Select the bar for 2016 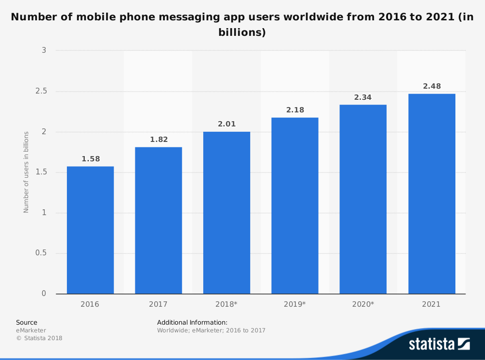(90, 230)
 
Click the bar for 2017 (159, 220)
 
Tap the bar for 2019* (295, 206)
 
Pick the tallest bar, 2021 (432, 194)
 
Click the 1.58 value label (90, 159)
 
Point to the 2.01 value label (226, 124)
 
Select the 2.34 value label (363, 97)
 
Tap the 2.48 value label (432, 86)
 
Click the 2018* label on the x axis (226, 304)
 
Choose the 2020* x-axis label (363, 304)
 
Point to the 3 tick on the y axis (44, 50)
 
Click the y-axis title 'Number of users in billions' (26, 172)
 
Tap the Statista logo (439, 344)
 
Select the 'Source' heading (27, 322)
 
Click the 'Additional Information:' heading (192, 322)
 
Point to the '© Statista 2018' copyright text (39, 338)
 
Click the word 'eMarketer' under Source (31, 330)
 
